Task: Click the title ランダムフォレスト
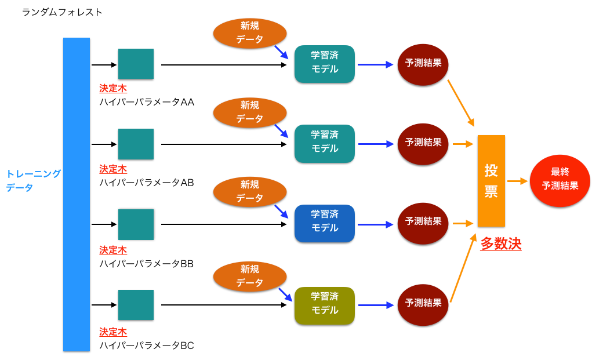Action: point(62,12)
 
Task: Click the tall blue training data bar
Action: point(77,194)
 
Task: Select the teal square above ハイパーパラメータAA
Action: point(136,64)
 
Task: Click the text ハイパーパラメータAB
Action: point(146,182)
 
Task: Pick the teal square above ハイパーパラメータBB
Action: point(136,224)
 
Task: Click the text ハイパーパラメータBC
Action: point(146,346)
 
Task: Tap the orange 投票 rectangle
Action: point(491,180)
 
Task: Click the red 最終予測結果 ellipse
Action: point(560,180)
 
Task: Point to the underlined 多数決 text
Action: point(501,244)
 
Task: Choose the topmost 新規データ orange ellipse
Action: point(250,33)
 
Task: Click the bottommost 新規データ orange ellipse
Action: point(250,277)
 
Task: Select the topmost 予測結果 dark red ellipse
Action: point(423,64)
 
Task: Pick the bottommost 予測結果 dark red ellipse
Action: point(423,304)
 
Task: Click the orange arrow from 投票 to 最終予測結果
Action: point(517,181)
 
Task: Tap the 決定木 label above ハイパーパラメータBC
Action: point(112,332)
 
